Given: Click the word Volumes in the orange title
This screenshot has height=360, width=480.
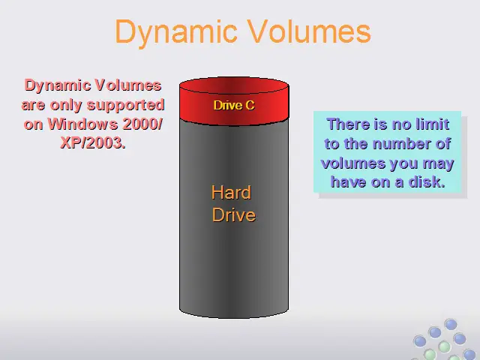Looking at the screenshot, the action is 309,31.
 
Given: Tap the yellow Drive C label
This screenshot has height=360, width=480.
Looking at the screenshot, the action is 234,105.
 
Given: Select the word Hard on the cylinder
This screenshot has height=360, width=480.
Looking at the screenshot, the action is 231,192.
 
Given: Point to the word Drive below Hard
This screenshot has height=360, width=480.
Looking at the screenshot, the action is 233,214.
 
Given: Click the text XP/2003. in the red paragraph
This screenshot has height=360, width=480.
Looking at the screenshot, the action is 93,142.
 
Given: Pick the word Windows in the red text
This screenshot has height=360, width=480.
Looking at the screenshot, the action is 82,124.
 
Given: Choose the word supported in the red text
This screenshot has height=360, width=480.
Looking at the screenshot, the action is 126,106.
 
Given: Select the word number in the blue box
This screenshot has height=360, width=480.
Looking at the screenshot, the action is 402,143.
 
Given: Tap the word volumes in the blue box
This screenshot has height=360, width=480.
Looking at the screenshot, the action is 348,163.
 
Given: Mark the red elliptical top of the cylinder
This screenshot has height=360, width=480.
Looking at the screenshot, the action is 234,85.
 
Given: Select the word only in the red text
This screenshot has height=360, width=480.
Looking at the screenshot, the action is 67,106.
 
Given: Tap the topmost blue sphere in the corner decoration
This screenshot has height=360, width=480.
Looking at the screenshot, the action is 451,325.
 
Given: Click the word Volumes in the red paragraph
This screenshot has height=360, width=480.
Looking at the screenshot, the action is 127,85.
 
